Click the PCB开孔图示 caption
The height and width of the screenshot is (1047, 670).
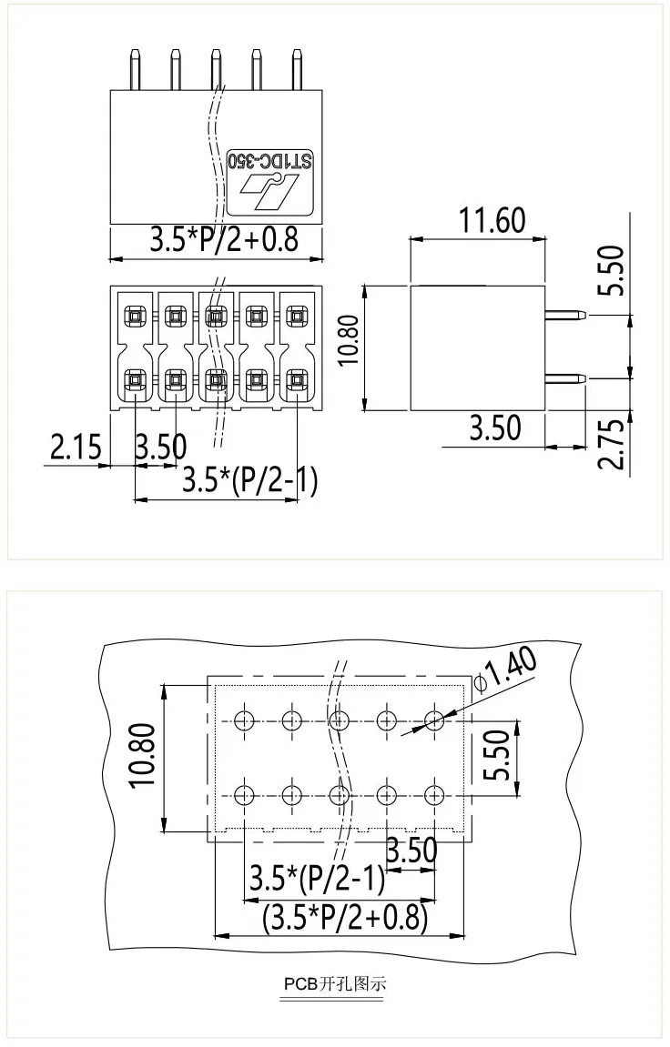tap(334, 984)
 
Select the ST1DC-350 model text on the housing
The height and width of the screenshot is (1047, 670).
tap(271, 160)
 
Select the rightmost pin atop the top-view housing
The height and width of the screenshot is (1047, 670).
tap(297, 69)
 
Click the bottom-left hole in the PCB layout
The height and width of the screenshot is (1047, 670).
tap(243, 794)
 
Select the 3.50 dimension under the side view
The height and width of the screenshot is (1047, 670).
tap(496, 428)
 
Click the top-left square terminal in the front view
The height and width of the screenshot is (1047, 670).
tap(134, 317)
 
